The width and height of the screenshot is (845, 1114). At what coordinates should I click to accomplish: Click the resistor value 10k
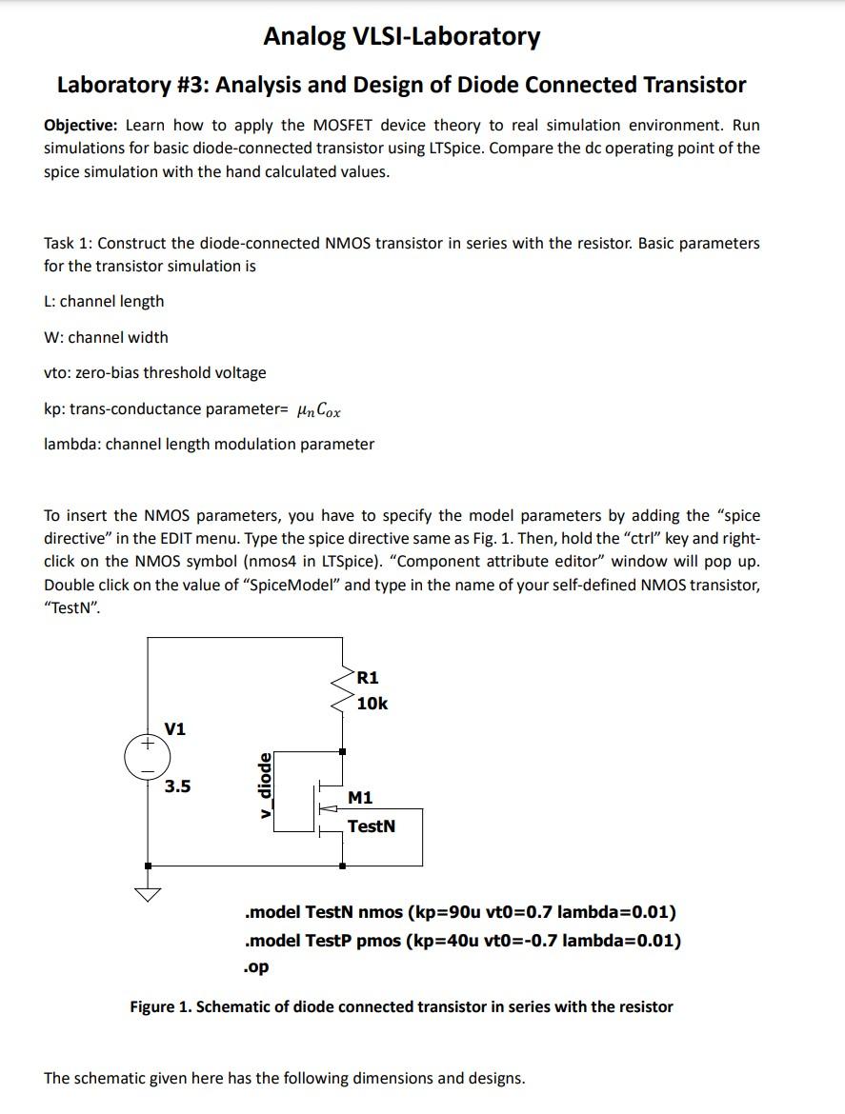372,704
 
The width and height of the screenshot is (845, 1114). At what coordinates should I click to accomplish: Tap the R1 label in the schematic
368,678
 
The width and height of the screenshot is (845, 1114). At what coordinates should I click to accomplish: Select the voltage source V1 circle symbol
147,758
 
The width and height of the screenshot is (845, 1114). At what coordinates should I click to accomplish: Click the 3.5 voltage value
177,786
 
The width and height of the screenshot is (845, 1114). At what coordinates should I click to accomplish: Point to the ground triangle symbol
148,894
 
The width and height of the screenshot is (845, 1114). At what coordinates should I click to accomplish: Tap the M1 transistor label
360,798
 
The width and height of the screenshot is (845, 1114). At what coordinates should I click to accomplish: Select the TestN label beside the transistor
371,826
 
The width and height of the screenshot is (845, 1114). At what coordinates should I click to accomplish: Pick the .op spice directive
256,966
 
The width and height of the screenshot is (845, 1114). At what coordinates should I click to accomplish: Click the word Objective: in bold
81,126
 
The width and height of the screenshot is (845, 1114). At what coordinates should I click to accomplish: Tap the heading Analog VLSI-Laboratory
401,37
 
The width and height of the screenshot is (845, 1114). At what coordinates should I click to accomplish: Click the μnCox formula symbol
318,409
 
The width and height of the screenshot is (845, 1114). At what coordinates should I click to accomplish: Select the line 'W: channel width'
106,337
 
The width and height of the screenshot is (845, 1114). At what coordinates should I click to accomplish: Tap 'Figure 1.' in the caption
160,1006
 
